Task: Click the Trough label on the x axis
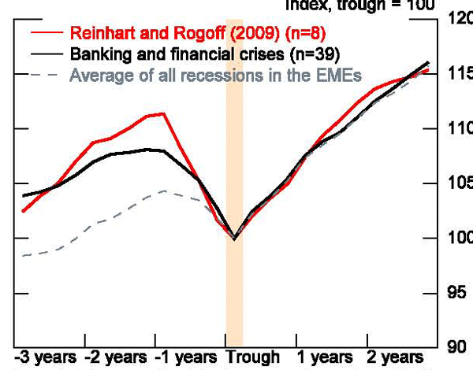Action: tap(254, 357)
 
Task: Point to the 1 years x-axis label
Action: tap(326, 357)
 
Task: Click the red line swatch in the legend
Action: tap(46, 35)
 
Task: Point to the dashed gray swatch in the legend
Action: tap(46, 76)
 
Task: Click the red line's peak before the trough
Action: tap(163, 113)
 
